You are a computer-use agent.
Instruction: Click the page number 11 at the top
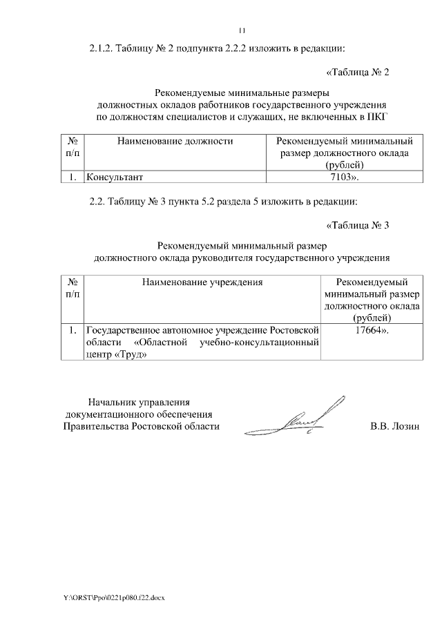[x=242, y=30]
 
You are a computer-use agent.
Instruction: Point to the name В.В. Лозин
[x=395, y=426]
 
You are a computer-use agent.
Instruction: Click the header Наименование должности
[x=175, y=141]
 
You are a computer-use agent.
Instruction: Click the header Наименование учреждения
[x=203, y=282]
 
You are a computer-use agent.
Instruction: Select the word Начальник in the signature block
[x=111, y=401]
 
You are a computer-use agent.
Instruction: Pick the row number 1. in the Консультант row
[x=72, y=177]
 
